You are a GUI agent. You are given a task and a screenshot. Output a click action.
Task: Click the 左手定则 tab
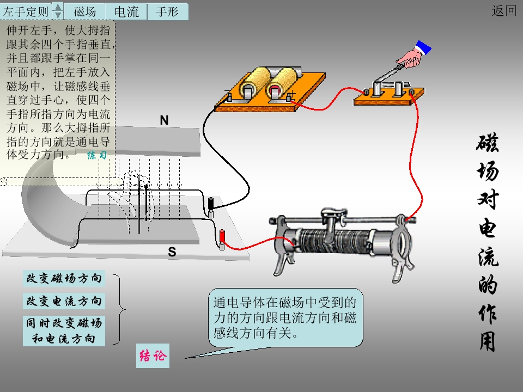click(x=26, y=11)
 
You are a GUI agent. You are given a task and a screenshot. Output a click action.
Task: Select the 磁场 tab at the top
click(x=85, y=11)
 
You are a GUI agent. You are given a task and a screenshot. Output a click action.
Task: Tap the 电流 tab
click(x=126, y=11)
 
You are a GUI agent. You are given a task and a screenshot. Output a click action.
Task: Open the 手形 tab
click(x=167, y=11)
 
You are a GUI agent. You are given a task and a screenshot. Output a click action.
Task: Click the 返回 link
click(x=503, y=11)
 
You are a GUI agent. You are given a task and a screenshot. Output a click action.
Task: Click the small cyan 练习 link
click(x=97, y=155)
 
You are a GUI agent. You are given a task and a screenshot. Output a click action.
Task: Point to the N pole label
click(x=164, y=120)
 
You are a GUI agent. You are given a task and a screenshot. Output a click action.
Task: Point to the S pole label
click(x=172, y=252)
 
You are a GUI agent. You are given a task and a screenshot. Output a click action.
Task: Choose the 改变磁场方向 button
click(x=64, y=279)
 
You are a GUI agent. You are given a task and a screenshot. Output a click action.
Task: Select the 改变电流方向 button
click(x=64, y=301)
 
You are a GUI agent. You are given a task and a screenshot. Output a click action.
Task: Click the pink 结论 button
click(x=152, y=356)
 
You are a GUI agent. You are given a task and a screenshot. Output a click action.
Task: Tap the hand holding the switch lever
click(x=411, y=56)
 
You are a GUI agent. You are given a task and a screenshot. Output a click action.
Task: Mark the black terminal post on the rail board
click(x=211, y=205)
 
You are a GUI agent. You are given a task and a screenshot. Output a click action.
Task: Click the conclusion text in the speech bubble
click(x=285, y=317)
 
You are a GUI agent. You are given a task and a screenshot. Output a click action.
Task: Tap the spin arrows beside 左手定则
click(x=58, y=11)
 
